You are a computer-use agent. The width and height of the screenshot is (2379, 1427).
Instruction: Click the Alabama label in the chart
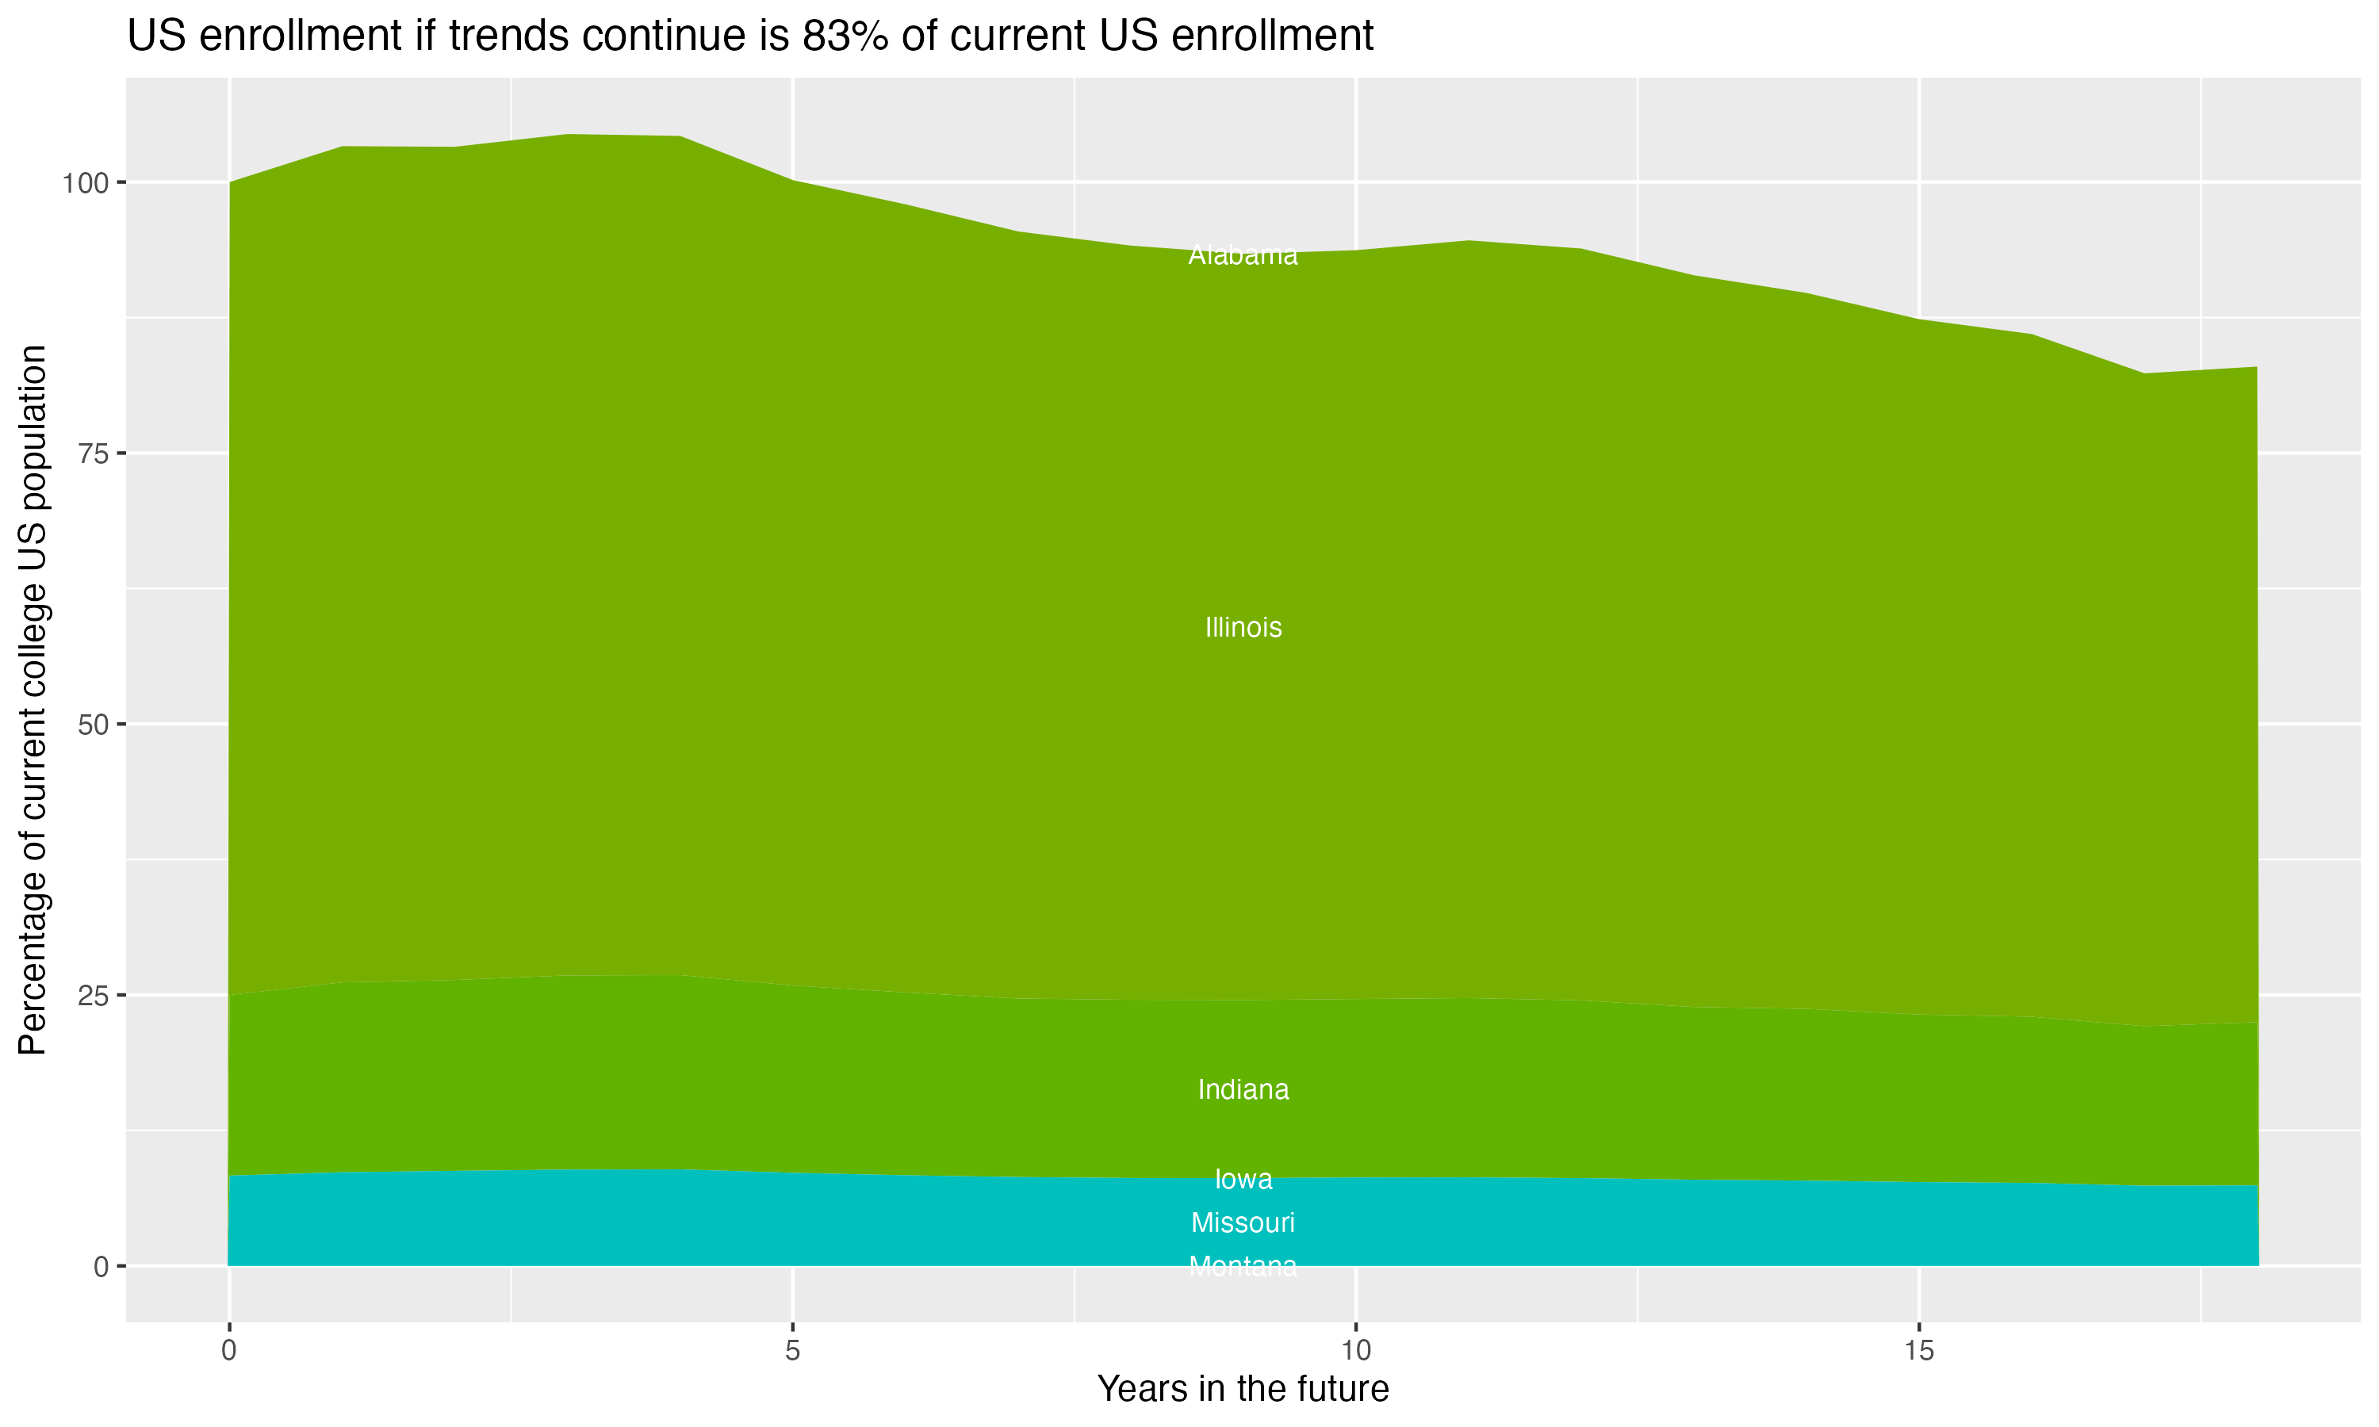point(1243,256)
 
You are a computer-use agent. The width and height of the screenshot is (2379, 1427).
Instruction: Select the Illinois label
point(1243,628)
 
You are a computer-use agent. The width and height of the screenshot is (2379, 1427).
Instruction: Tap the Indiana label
point(1243,1090)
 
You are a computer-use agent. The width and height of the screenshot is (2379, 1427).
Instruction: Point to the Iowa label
point(1243,1179)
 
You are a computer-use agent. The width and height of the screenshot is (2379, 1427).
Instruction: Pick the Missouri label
point(1243,1223)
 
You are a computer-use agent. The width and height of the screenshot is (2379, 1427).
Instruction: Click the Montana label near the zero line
point(1243,1266)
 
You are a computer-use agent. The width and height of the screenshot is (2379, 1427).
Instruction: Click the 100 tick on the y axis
point(81,182)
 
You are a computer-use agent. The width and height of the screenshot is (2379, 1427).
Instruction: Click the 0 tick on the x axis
point(229,1351)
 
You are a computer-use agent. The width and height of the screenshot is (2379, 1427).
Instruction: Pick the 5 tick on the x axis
point(792,1351)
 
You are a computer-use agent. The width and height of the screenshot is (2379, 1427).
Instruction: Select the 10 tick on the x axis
point(1355,1351)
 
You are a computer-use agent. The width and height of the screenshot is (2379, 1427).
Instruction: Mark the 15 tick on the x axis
point(1918,1351)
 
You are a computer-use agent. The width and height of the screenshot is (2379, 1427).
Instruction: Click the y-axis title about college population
point(33,699)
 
